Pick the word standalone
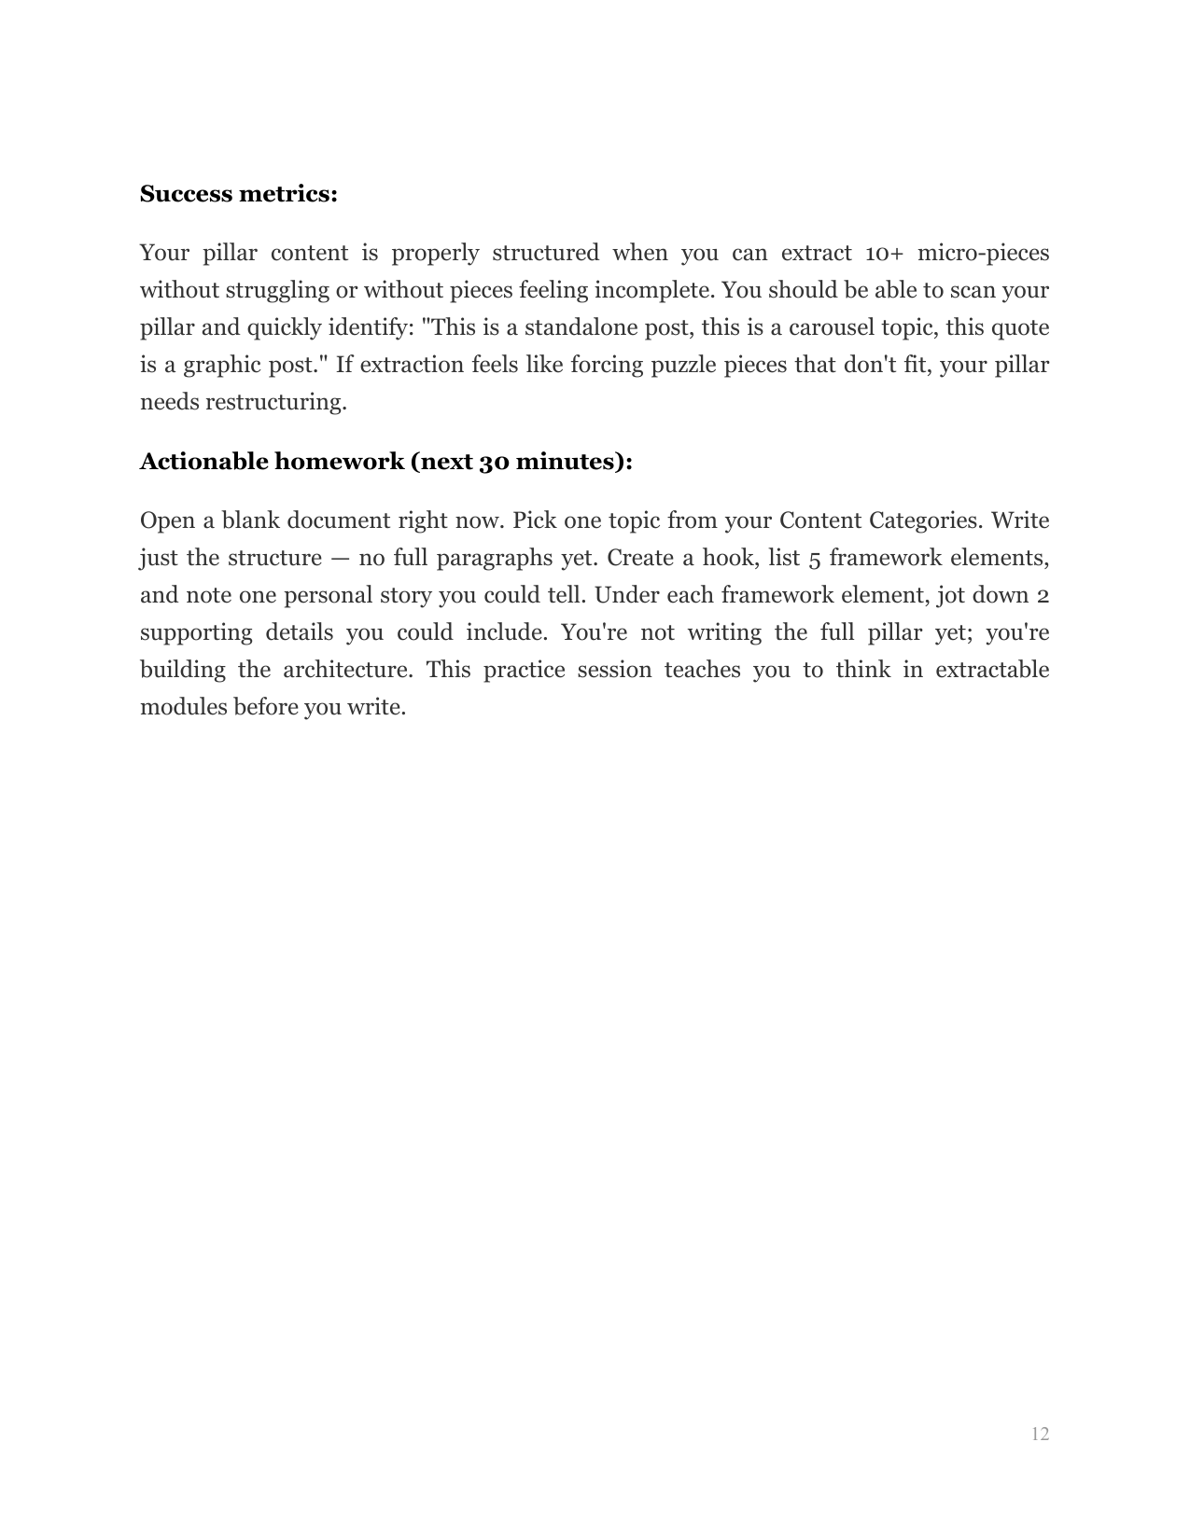click(x=580, y=327)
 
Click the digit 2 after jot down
click(x=1043, y=595)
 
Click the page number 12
click(x=1040, y=1434)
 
